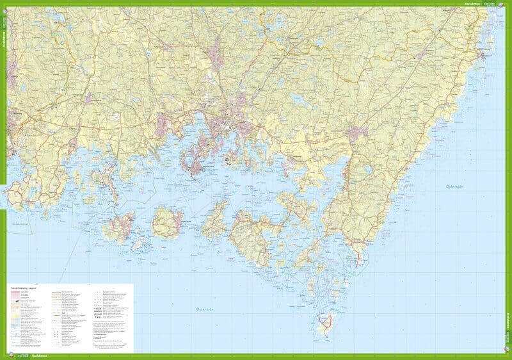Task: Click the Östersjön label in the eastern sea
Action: (456, 186)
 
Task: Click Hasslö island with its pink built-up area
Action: (120, 224)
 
